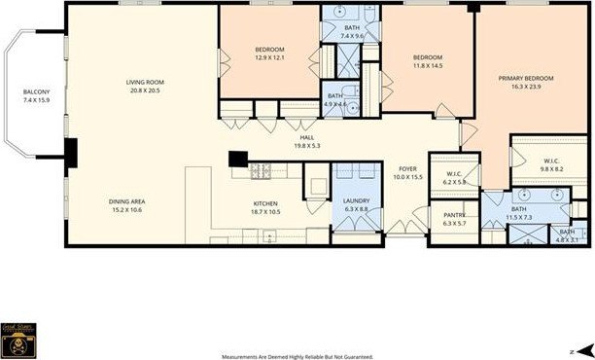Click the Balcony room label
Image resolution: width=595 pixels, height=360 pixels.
click(36, 94)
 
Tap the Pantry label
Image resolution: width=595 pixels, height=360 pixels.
click(454, 219)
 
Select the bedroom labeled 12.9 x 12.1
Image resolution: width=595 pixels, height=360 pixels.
click(269, 54)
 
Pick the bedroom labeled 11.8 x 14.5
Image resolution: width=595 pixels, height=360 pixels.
click(427, 61)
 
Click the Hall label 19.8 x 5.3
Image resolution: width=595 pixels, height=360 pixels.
click(306, 142)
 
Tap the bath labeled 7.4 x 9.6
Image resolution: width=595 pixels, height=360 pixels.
click(352, 32)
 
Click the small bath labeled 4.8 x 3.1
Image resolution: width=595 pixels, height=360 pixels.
click(566, 234)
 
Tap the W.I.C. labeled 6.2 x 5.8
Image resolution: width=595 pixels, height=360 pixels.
click(455, 178)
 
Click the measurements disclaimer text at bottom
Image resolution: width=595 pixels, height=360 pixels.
click(297, 354)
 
